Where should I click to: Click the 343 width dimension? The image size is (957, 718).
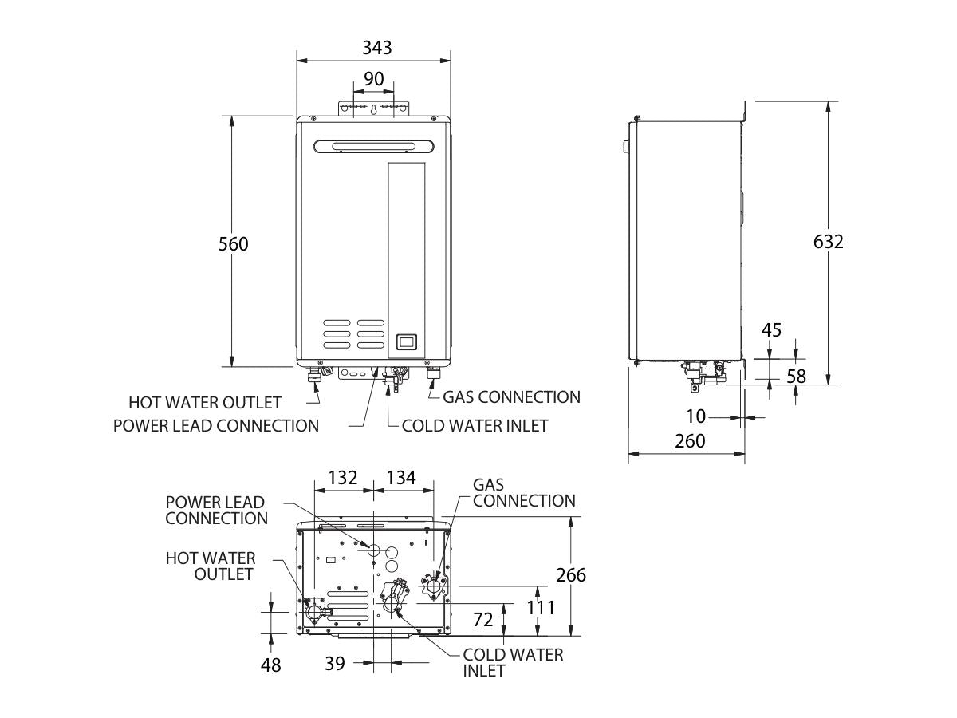[376, 48]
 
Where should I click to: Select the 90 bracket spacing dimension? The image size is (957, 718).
[374, 79]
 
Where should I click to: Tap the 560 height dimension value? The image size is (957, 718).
[234, 244]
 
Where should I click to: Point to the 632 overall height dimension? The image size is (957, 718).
[829, 242]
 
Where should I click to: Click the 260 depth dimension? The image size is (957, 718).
[690, 441]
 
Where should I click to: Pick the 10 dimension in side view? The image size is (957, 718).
[696, 416]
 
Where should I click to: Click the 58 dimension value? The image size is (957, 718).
[797, 377]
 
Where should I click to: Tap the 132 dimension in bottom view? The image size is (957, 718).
[343, 478]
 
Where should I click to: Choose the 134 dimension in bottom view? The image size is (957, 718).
[401, 478]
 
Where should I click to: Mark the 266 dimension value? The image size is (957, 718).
[571, 575]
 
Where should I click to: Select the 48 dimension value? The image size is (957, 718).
[271, 665]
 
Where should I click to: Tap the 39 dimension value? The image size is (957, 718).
[335, 663]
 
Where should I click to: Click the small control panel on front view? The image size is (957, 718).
[406, 342]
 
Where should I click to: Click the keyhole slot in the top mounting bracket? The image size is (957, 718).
[374, 110]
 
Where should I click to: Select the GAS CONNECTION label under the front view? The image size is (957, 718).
[511, 396]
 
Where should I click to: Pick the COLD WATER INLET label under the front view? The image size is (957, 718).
[475, 425]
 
